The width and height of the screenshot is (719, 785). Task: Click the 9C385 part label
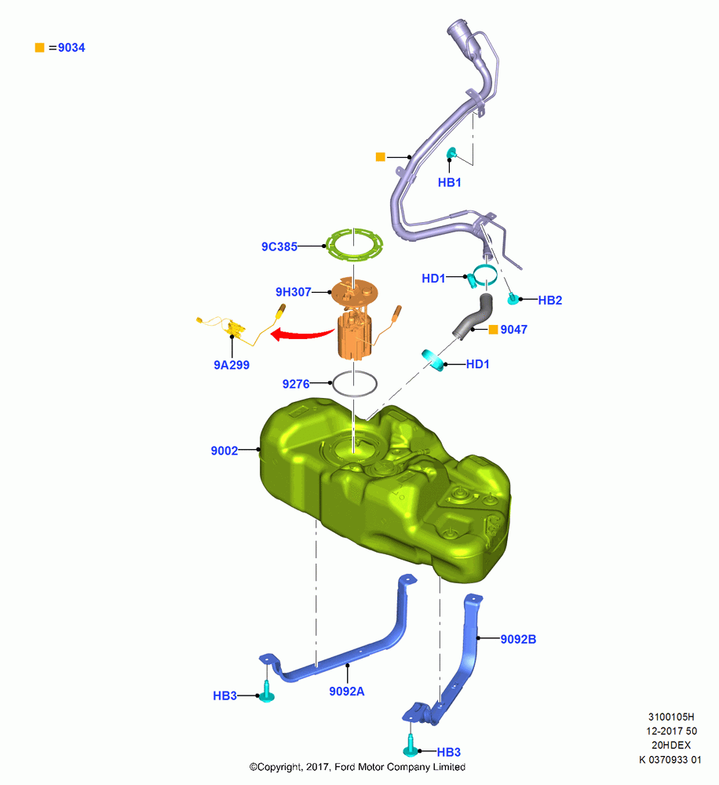tap(279, 246)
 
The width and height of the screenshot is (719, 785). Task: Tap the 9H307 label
tap(294, 292)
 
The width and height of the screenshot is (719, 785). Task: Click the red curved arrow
tap(302, 334)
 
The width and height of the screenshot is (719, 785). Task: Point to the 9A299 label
tap(232, 365)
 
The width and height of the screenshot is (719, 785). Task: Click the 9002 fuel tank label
tap(224, 451)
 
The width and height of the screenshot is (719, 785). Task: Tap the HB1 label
tap(450, 182)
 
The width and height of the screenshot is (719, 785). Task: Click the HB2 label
tap(549, 301)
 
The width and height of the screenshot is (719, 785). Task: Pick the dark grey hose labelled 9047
tap(473, 316)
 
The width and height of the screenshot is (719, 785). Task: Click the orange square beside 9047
tap(493, 330)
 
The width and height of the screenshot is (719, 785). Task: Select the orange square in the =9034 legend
tap(39, 48)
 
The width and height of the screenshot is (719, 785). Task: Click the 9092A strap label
tap(346, 692)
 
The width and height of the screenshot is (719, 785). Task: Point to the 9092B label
tap(518, 639)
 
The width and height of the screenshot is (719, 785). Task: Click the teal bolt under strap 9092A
tap(267, 692)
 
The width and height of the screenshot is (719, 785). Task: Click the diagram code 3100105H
tap(671, 717)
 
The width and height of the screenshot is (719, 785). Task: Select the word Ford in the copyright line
tap(345, 767)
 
